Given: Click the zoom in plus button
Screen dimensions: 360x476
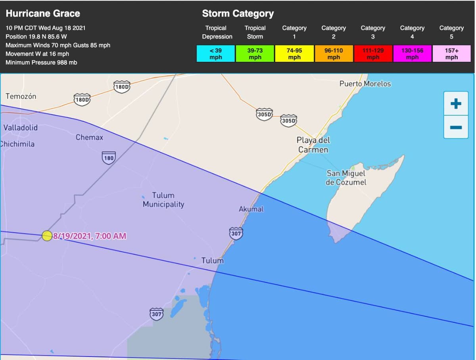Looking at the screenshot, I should [456, 104].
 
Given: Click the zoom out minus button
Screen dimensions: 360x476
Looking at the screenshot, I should [456, 127].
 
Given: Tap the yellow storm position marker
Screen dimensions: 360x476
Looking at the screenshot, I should [47, 236].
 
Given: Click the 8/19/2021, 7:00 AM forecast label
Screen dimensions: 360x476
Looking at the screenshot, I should [90, 236].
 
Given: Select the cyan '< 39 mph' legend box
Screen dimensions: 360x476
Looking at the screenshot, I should [215, 54].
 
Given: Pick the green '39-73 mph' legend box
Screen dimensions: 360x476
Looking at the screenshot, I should [255, 54].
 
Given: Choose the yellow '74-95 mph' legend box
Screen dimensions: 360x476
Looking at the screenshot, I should [294, 54].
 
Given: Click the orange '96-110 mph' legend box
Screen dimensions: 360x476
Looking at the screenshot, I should [333, 54].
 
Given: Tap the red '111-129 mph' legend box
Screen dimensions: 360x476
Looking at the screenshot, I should [372, 54].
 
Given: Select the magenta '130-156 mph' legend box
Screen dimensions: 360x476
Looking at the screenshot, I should [412, 54].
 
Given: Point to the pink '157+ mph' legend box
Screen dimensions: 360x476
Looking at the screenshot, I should [451, 54].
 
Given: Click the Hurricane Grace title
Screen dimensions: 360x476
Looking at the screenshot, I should [43, 13].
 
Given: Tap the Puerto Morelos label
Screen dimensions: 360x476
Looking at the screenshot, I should [365, 84].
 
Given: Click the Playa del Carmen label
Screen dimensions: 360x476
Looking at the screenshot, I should [313, 145].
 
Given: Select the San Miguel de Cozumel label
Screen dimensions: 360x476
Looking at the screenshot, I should [346, 178].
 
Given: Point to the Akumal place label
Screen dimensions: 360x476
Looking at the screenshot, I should [251, 209].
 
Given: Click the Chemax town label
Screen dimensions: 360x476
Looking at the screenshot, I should [89, 138].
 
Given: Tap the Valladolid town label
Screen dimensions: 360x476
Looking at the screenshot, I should [21, 128].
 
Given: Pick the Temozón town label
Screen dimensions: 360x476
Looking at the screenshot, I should [21, 96].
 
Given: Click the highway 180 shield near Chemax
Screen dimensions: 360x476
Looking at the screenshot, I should [109, 157].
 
